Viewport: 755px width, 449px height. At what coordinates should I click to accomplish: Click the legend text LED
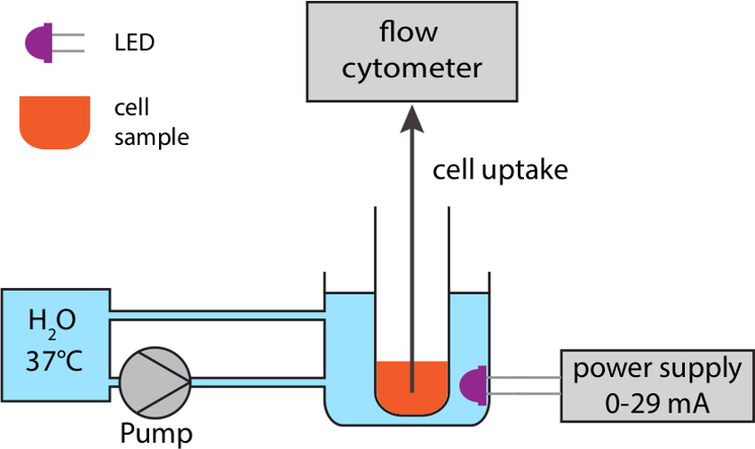coord(134,43)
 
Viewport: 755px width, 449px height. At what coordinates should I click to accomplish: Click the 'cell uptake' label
coord(499,170)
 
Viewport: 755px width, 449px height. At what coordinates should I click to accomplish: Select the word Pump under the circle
coord(156,434)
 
